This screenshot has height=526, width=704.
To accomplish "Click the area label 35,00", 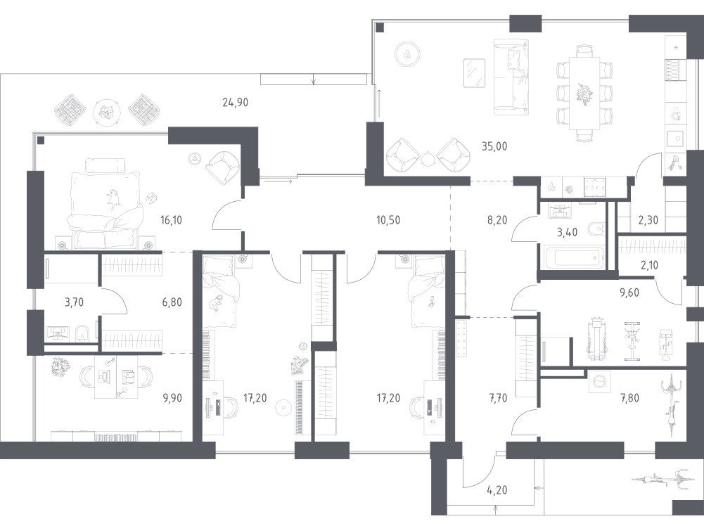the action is point(494,146).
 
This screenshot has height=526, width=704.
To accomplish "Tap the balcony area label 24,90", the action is point(236,103).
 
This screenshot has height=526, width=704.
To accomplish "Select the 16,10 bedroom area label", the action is point(171,220).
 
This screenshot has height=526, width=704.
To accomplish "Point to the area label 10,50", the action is point(388,220).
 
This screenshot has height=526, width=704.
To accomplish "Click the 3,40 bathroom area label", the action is point(567,233).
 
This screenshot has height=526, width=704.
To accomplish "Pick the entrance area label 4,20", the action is point(497,490).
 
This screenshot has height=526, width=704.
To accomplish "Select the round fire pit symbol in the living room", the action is point(407,54).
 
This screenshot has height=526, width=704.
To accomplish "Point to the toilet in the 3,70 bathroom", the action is point(82,333).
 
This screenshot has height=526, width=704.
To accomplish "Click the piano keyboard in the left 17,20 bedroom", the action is point(300,407).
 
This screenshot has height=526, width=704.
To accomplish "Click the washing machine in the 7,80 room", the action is point(599,381).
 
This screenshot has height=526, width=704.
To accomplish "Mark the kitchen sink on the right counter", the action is point(674,139).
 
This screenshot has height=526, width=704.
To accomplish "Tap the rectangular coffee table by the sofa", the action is point(474,72).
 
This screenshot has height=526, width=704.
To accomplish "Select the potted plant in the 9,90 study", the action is point(58,366).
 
